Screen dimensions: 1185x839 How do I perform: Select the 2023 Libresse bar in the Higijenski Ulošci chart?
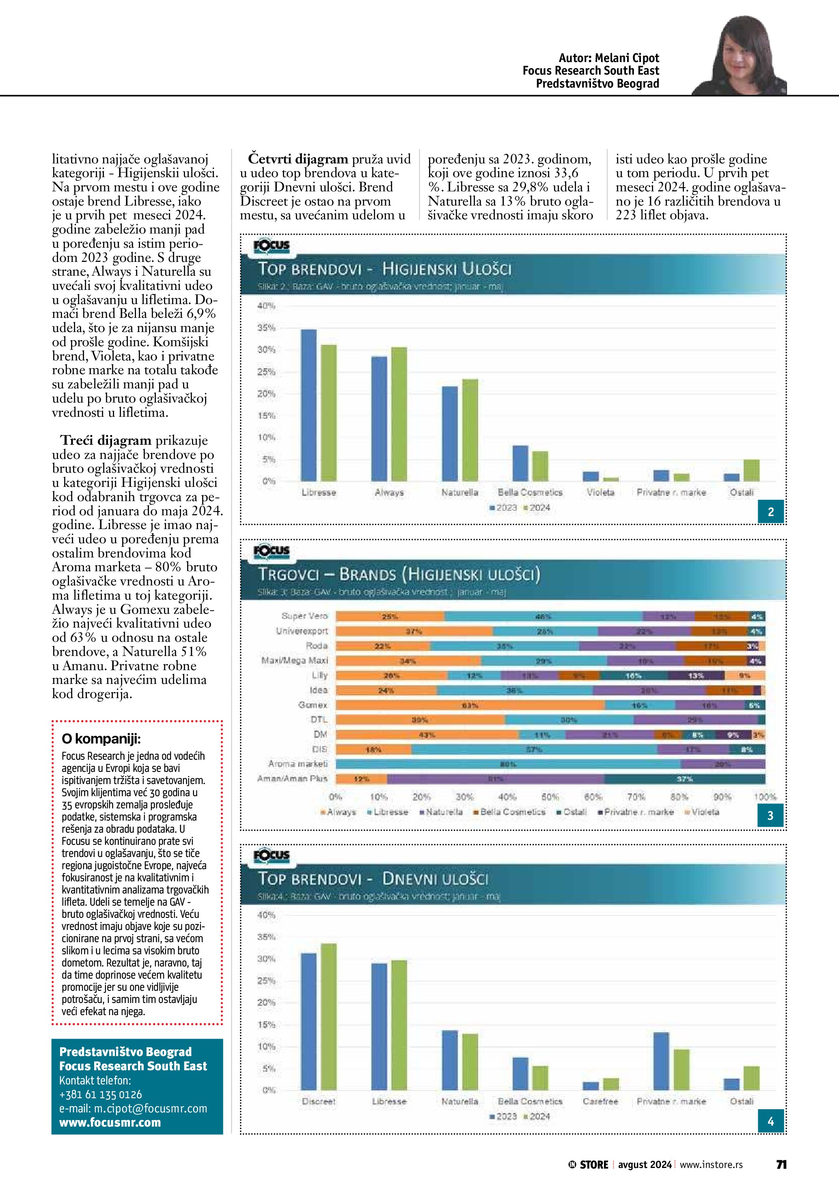coord(308,405)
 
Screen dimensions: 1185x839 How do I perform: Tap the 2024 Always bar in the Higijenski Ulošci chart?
coord(399,414)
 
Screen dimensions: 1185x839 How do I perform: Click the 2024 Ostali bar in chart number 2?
coord(752,470)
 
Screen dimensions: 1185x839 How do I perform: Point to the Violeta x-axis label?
coord(600,493)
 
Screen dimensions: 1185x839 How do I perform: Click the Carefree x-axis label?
coord(600,1101)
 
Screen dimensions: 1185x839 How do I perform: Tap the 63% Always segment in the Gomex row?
coord(470,705)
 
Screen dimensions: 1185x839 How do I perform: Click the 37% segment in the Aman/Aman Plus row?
coord(684,779)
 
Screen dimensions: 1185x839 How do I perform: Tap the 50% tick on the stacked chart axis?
coord(550,797)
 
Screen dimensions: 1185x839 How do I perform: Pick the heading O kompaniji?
coord(101,739)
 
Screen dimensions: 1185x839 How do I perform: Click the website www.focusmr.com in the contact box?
coord(110,1122)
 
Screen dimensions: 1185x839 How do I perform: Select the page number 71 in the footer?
coord(781,1164)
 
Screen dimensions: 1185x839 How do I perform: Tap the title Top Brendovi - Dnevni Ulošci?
coord(373,879)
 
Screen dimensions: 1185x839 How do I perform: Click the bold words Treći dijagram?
coord(106,440)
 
